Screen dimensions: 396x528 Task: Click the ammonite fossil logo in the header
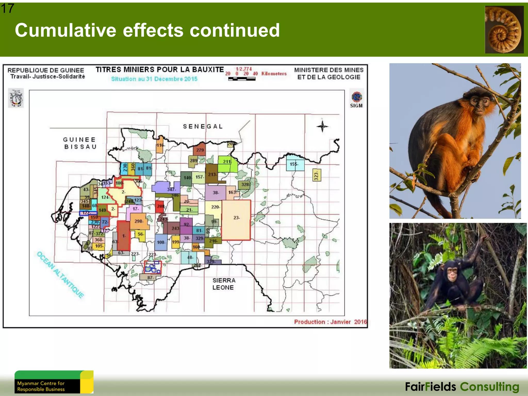[x=504, y=30]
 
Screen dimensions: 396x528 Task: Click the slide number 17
[x=7, y=8]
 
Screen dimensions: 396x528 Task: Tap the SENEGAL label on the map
[x=203, y=126]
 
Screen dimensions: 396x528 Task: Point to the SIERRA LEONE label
[x=224, y=284]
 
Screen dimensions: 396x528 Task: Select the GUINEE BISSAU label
[x=80, y=143]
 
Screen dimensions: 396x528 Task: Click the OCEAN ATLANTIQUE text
[x=61, y=275]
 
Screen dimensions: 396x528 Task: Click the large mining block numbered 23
[x=236, y=220]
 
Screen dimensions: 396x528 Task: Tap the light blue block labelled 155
[x=295, y=164]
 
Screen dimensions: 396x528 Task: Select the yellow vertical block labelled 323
[x=317, y=175]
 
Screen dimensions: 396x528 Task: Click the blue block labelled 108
[x=161, y=242]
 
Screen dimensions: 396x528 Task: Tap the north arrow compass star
[x=322, y=126]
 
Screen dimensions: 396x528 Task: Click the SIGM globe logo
[x=356, y=97]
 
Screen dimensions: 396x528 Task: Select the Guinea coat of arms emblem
[x=16, y=98]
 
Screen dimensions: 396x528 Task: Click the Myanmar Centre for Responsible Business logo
[x=54, y=382]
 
